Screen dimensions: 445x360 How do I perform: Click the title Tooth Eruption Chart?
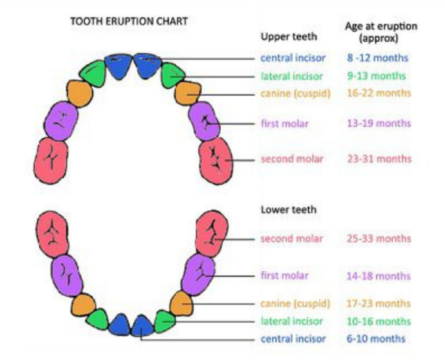click(129, 21)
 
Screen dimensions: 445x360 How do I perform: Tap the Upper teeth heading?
click(289, 36)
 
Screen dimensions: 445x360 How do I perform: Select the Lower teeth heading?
click(289, 210)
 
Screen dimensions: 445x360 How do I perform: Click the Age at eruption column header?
click(381, 32)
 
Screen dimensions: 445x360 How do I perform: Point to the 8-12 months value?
click(377, 58)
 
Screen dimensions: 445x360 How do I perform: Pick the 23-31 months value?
click(379, 159)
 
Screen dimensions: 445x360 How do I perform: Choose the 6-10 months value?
click(375, 339)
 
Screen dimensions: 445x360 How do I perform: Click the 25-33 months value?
click(379, 238)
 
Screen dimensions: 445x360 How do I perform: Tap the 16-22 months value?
click(379, 93)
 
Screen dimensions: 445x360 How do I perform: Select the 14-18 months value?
click(378, 276)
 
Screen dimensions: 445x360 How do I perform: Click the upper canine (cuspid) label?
click(296, 94)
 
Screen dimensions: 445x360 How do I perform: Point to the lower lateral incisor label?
click(292, 321)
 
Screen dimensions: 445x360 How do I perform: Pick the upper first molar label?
click(284, 124)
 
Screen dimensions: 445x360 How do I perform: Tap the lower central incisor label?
click(293, 339)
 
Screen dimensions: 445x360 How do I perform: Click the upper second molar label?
click(292, 159)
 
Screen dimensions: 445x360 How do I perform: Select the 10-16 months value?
click(378, 321)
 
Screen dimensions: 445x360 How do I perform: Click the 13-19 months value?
click(379, 123)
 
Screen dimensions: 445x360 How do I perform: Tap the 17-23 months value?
click(378, 304)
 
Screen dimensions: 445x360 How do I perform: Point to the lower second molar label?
click(292, 238)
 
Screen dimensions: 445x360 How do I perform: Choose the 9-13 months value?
click(376, 76)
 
